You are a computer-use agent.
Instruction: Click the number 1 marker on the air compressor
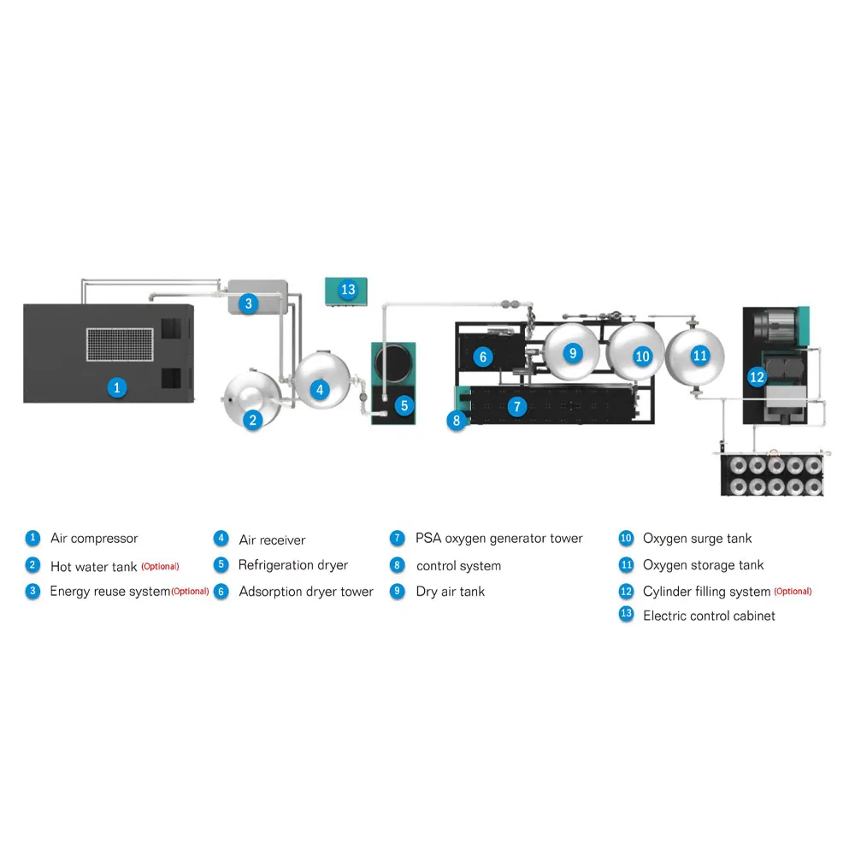[116, 387]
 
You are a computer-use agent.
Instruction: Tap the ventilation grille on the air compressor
[120, 344]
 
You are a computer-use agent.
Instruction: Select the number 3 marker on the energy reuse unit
[249, 304]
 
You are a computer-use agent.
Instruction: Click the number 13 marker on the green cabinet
[348, 289]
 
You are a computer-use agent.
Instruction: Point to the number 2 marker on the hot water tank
[252, 420]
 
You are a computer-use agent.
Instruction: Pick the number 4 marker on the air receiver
[320, 390]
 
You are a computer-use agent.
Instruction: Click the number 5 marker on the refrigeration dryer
[404, 405]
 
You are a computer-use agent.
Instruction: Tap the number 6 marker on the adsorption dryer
[482, 357]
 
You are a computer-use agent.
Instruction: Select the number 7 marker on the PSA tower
[517, 406]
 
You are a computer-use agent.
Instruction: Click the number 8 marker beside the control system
[457, 421]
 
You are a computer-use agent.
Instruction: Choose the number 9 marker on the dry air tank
[573, 353]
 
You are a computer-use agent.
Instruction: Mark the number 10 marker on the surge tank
[642, 357]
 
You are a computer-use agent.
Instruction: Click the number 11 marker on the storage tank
[699, 356]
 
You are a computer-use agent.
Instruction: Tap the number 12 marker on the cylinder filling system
[757, 377]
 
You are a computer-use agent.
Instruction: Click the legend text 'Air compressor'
[94, 539]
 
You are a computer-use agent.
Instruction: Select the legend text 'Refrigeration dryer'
[292, 565]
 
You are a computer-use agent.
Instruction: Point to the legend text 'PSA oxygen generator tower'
[499, 539]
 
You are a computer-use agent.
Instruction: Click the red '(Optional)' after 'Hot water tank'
[161, 567]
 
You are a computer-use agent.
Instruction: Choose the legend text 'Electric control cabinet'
[709, 616]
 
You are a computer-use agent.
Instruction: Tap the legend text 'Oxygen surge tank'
[698, 539]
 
